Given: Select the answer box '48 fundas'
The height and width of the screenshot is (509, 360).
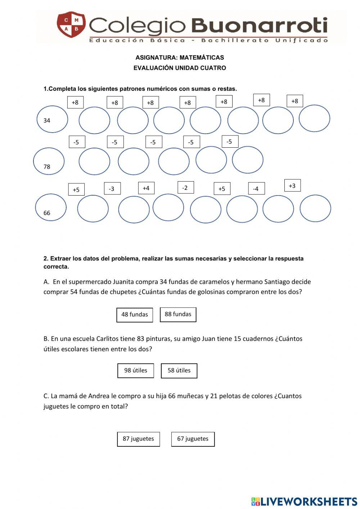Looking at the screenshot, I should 135,314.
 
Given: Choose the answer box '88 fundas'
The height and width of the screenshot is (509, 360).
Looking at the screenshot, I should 178,314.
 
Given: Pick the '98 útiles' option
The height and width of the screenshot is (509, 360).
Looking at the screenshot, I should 135,370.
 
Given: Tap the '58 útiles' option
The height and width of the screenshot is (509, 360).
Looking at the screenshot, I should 179,370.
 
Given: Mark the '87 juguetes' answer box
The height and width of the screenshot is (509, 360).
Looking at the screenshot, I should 138,439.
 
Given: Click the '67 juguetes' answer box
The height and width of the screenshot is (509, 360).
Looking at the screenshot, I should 193,439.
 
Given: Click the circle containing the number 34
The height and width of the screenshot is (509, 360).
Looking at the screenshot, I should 52,119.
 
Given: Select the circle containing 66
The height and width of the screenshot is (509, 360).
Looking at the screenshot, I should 51,207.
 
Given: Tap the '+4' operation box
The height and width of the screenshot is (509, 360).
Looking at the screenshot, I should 146,188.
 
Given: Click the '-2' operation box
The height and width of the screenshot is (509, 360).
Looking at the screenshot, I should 185,188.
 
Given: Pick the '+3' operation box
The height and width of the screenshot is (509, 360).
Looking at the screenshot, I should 292,186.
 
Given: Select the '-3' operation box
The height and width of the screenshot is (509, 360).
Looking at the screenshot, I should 112,189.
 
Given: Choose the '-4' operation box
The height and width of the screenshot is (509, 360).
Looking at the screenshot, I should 256,188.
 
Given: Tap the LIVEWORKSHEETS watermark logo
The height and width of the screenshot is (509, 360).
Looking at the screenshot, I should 304,501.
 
